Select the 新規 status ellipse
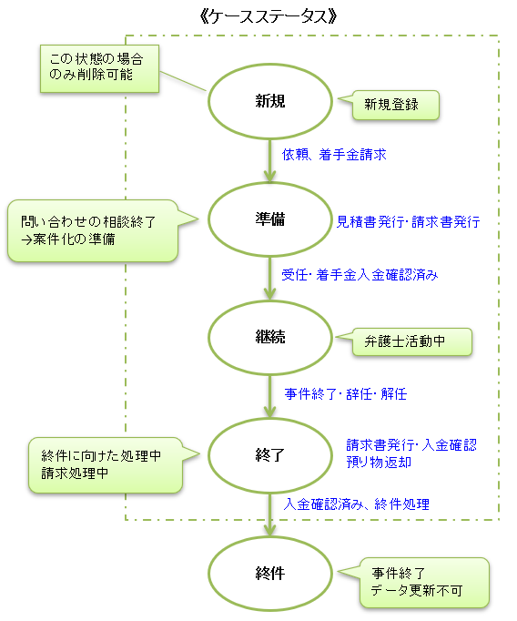(x=270, y=101)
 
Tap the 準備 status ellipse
(x=270, y=219)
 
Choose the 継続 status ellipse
(x=270, y=337)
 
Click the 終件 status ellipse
(x=270, y=573)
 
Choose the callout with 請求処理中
(x=102, y=465)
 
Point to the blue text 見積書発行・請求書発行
(x=409, y=221)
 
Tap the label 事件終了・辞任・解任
(x=346, y=394)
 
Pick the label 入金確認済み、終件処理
(x=356, y=504)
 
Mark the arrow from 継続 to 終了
(x=270, y=396)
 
